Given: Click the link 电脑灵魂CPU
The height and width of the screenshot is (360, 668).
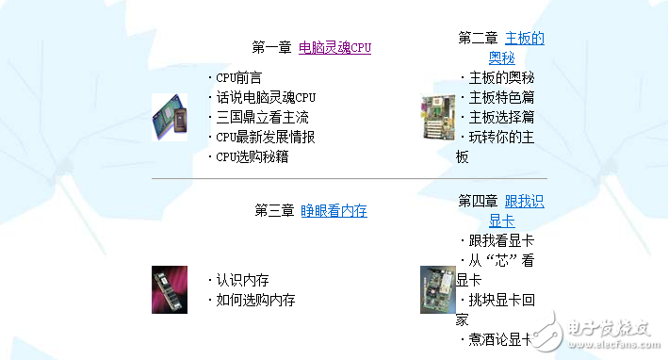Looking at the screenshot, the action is pyautogui.click(x=334, y=47).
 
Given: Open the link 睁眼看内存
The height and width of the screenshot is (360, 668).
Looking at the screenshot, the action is pyautogui.click(x=334, y=211).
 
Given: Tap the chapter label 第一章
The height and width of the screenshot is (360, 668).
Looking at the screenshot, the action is pyautogui.click(x=272, y=47).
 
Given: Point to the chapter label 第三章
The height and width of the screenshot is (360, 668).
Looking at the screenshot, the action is pyautogui.click(x=274, y=211).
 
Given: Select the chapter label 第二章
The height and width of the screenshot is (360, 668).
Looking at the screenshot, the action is pyautogui.click(x=478, y=39).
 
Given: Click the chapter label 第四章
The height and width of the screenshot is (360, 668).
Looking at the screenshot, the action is pyautogui.click(x=478, y=202).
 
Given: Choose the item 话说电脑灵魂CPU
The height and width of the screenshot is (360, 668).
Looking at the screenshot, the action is pyautogui.click(x=266, y=98).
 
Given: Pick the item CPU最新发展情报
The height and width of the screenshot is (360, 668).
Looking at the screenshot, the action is pyautogui.click(x=265, y=138).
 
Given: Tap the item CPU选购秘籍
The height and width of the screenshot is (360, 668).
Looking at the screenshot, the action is pyautogui.click(x=252, y=157).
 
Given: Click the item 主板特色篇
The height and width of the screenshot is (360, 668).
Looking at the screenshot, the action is pyautogui.click(x=501, y=98).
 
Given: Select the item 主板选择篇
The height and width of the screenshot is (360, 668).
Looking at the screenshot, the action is pyautogui.click(x=501, y=118).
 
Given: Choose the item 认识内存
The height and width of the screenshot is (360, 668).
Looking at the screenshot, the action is pyautogui.click(x=242, y=280).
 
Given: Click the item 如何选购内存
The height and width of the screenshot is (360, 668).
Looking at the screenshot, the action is pyautogui.click(x=255, y=301).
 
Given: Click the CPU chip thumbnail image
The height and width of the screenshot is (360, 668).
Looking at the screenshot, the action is pyautogui.click(x=170, y=118).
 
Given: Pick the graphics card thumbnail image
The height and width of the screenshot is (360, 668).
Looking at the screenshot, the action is pyautogui.click(x=437, y=289).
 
